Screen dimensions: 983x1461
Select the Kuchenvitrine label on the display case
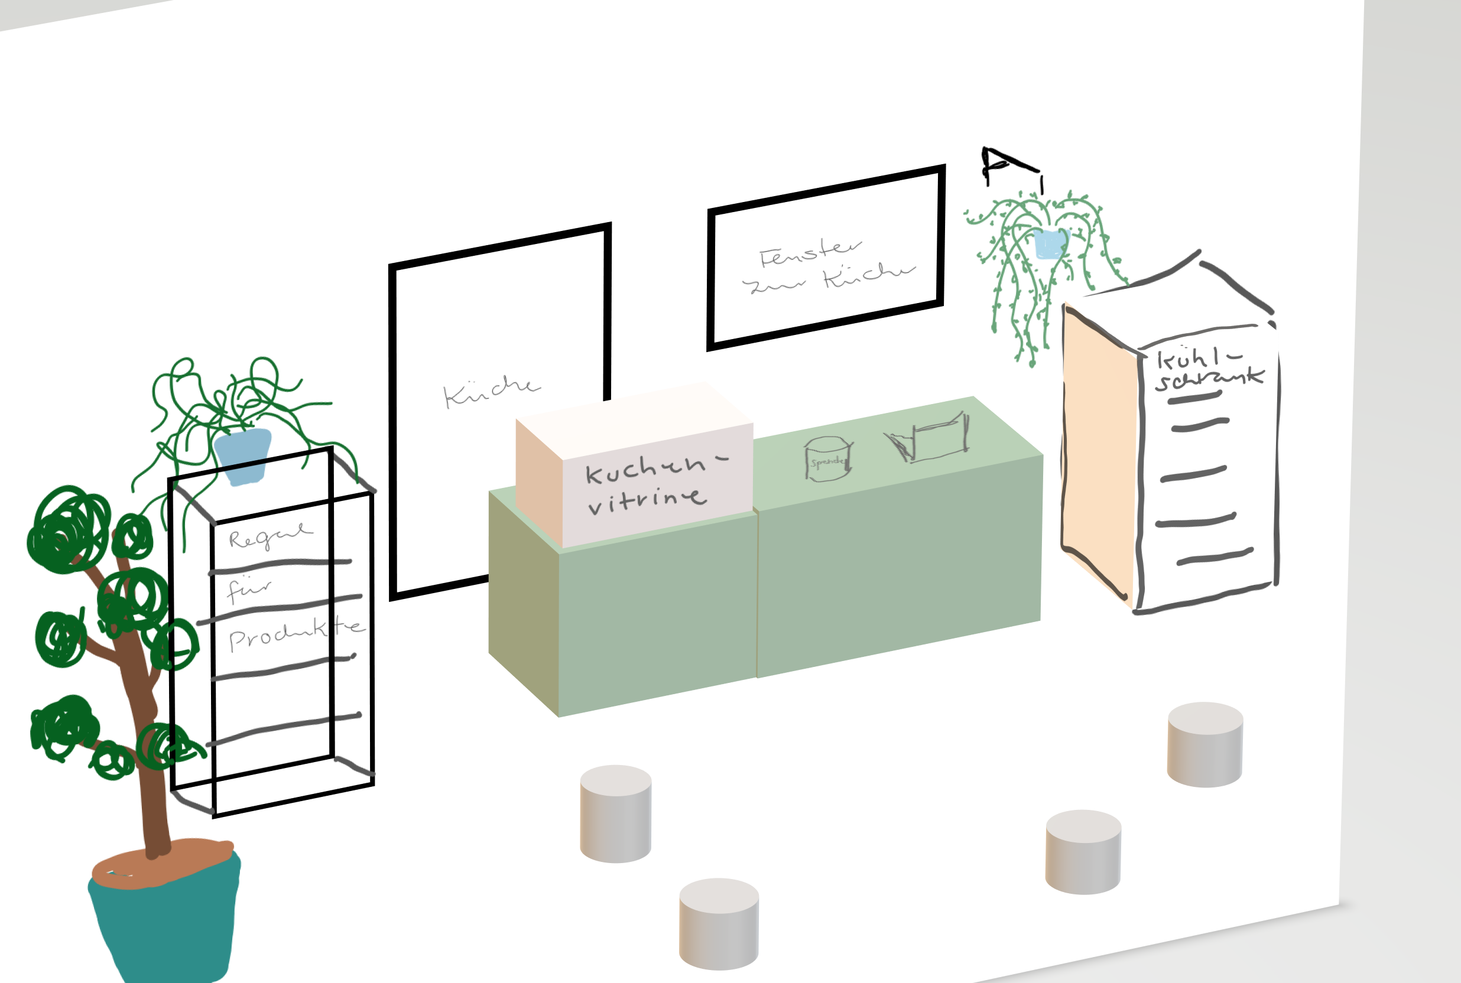click(x=652, y=486)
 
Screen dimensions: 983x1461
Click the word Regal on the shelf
click(x=270, y=536)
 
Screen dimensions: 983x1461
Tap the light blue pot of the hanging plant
click(x=1051, y=244)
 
